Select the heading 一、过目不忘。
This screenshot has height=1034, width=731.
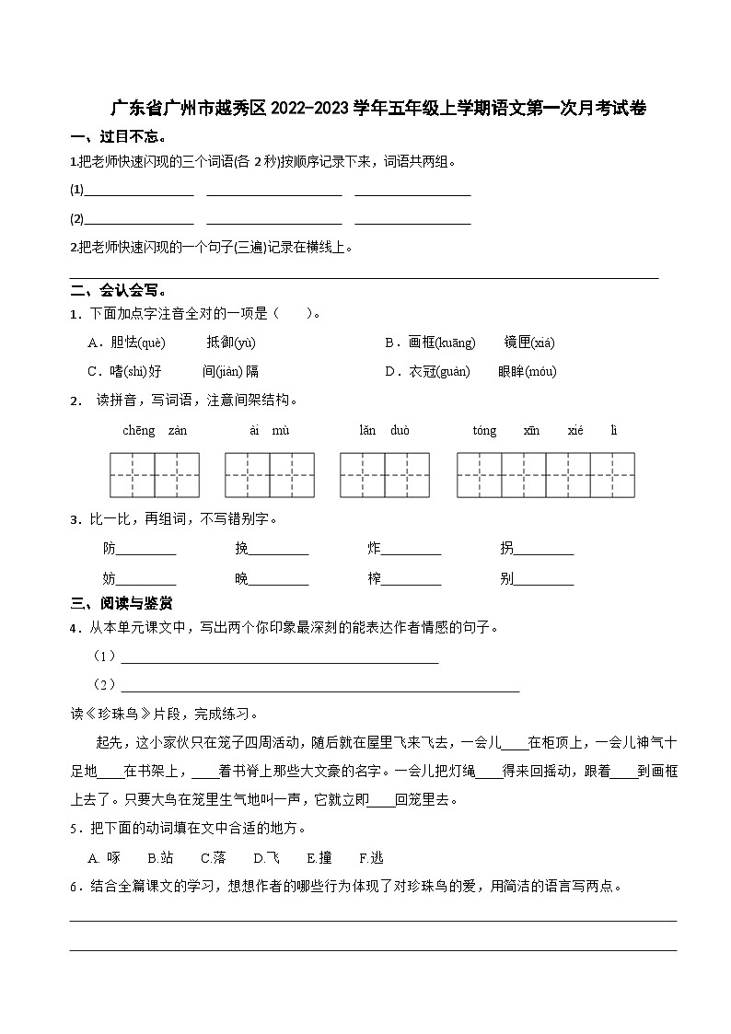pyautogui.click(x=119, y=138)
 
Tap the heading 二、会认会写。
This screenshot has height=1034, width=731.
pyautogui.click(x=119, y=290)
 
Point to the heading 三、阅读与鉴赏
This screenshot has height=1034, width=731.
pyautogui.click(x=122, y=603)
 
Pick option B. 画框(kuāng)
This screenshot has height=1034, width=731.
pyautogui.click(x=430, y=343)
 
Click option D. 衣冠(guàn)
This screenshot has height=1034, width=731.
pyautogui.click(x=427, y=371)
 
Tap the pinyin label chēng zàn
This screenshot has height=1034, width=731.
pyautogui.click(x=155, y=430)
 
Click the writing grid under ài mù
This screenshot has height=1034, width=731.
pyautogui.click(x=270, y=475)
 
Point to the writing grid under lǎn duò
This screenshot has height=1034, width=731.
pyautogui.click(x=385, y=475)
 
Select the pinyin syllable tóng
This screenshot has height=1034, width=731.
pyautogui.click(x=484, y=430)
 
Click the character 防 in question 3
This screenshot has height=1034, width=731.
pyautogui.click(x=110, y=549)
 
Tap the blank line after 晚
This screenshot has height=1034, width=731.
pyautogui.click(x=279, y=580)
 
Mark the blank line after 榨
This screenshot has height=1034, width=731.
pyautogui.click(x=411, y=580)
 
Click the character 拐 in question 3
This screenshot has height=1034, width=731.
pyautogui.click(x=506, y=549)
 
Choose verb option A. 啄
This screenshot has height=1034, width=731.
pyautogui.click(x=104, y=857)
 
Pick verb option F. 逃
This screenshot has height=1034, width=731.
pyautogui.click(x=371, y=857)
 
